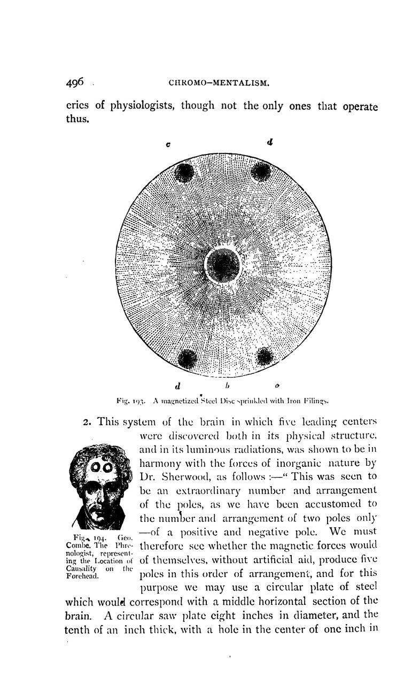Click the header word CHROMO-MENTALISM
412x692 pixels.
coord(218,83)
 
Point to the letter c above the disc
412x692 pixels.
coord(168,144)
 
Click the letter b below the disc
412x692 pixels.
coord(227,385)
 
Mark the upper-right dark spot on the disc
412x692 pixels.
coord(261,171)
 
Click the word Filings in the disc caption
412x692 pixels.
coord(313,399)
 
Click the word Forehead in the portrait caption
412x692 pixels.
coord(81,576)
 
